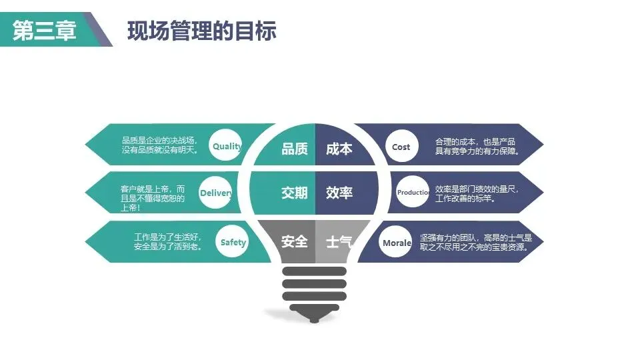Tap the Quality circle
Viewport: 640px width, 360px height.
[x=225, y=146]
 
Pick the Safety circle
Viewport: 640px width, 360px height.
[x=233, y=243]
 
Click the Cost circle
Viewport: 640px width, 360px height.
[x=401, y=147]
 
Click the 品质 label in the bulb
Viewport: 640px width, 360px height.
[x=295, y=149]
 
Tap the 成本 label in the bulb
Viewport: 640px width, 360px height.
[x=339, y=149]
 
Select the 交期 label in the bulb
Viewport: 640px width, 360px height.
[x=295, y=193]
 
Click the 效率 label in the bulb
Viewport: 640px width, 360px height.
[x=339, y=193]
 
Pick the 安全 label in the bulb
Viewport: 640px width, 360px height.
[x=295, y=241]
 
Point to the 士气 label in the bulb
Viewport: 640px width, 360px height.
[x=339, y=241]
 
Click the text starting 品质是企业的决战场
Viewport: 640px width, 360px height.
[x=160, y=145]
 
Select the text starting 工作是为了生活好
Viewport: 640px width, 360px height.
[x=167, y=242]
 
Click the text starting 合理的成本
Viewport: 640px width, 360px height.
[x=477, y=147]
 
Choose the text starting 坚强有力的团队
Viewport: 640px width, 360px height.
[x=476, y=242]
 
